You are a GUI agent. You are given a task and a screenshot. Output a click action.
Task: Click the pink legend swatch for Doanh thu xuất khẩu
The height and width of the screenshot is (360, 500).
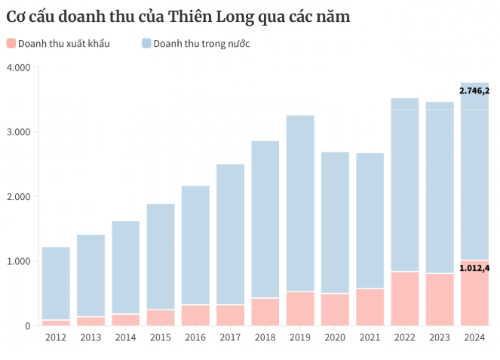(x=11, y=44)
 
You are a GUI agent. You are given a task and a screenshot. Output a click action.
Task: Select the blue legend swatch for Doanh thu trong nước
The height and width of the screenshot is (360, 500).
(x=146, y=44)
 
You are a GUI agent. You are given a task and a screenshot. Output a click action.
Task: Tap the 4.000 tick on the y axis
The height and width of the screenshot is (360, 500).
(x=18, y=68)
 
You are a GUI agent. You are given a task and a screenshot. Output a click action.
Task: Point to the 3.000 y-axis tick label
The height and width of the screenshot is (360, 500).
(x=18, y=132)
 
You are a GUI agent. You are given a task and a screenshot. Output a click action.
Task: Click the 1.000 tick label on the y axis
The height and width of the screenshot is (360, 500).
(x=18, y=261)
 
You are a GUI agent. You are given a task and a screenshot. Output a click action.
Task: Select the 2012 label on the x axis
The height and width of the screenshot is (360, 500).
(x=56, y=337)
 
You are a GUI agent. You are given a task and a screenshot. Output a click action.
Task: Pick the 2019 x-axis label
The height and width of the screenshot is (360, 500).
(x=300, y=337)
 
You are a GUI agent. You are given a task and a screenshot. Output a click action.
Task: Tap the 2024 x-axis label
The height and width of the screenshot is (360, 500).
(x=474, y=337)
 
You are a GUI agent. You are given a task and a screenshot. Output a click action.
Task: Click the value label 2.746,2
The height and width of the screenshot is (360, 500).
(x=474, y=91)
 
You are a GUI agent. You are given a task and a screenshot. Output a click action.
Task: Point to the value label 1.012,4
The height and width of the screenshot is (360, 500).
(x=474, y=268)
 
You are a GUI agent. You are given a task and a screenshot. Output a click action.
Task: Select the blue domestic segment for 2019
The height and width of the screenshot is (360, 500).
(x=300, y=203)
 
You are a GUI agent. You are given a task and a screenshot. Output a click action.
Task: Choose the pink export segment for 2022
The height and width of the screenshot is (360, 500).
(x=405, y=299)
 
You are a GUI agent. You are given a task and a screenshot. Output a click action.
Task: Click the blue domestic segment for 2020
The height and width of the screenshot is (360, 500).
(x=335, y=223)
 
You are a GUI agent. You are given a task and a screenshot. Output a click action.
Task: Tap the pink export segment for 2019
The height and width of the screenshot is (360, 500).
(x=300, y=309)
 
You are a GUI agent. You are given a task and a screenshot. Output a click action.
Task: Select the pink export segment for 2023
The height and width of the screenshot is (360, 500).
(x=440, y=300)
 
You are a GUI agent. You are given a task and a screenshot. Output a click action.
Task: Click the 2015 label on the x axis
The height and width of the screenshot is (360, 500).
(x=161, y=337)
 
